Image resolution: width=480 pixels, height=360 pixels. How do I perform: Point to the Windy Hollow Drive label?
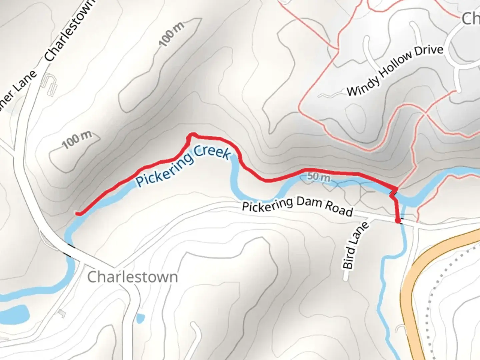[x=395, y=71]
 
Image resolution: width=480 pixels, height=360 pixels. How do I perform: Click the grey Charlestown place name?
[x=132, y=277]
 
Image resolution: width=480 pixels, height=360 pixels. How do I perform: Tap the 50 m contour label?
[x=318, y=177]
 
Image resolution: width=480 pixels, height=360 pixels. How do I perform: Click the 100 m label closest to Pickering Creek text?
[x=77, y=140]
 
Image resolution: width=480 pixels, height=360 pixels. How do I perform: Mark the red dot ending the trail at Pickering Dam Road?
[x=398, y=220]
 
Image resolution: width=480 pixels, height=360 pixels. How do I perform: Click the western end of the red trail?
[x=78, y=213]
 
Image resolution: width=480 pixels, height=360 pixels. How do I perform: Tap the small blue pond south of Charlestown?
[x=140, y=318]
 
